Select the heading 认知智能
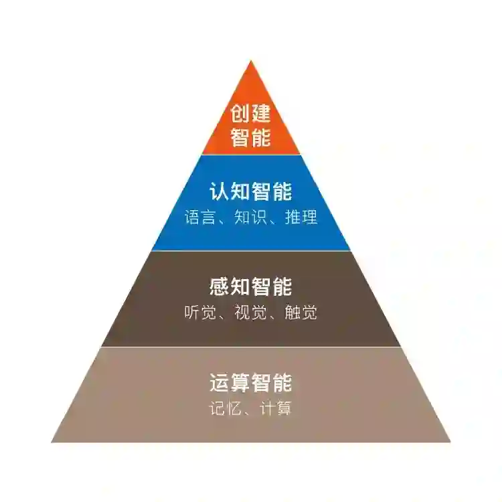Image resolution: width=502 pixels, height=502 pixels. click(x=251, y=191)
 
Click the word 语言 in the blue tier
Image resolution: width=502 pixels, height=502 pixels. click(x=200, y=218)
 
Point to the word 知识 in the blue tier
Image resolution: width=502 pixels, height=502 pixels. click(x=250, y=218)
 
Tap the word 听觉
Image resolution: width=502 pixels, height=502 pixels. click(x=200, y=313)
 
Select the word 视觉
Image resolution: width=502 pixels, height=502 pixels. click(x=250, y=313)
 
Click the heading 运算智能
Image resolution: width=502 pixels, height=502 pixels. click(x=251, y=384)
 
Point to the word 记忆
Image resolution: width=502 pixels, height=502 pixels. click(x=225, y=409)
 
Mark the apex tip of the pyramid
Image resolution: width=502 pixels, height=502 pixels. click(x=251, y=62)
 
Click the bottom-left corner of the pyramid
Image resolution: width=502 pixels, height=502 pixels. click(x=53, y=441)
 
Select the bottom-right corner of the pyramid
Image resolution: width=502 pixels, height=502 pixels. click(x=449, y=441)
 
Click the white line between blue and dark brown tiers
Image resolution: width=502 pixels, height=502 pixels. click(x=251, y=251)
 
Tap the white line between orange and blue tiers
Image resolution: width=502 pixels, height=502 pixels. click(x=251, y=155)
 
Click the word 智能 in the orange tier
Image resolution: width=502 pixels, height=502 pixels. click(x=251, y=137)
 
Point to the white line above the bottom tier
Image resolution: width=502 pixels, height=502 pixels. click(x=251, y=347)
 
